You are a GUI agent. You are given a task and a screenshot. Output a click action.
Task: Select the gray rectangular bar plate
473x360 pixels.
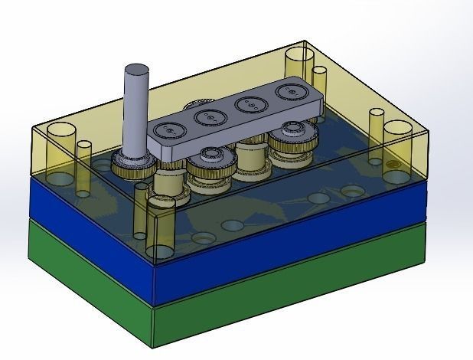(x=230, y=130)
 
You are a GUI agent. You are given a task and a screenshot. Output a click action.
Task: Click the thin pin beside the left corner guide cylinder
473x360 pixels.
(x=83, y=165)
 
